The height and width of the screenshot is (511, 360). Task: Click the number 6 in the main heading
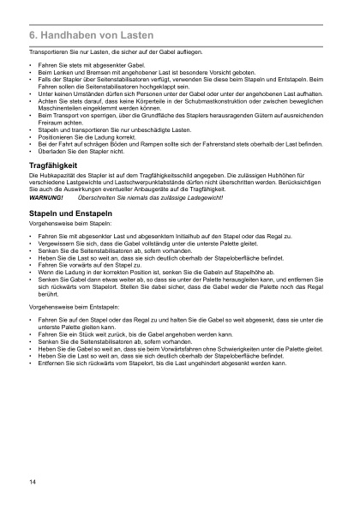click(32, 38)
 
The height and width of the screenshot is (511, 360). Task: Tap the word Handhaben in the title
click(67, 38)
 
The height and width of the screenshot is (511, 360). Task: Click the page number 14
click(32, 484)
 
